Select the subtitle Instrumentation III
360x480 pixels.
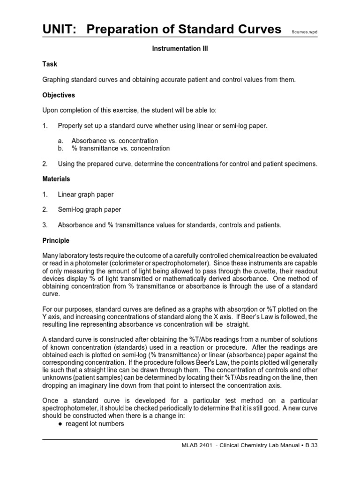coord(180,49)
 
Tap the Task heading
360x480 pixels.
coord(50,64)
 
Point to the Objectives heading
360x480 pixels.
coord(59,95)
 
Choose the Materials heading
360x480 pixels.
coord(56,179)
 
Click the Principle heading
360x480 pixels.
coord(56,240)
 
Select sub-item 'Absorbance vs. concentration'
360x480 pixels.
coord(114,141)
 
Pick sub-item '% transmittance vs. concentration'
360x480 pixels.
coord(120,148)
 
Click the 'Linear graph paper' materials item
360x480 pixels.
coord(85,194)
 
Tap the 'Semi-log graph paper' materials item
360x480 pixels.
coord(89,210)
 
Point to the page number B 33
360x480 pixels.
coord(312,446)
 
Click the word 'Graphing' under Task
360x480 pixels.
coord(56,80)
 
